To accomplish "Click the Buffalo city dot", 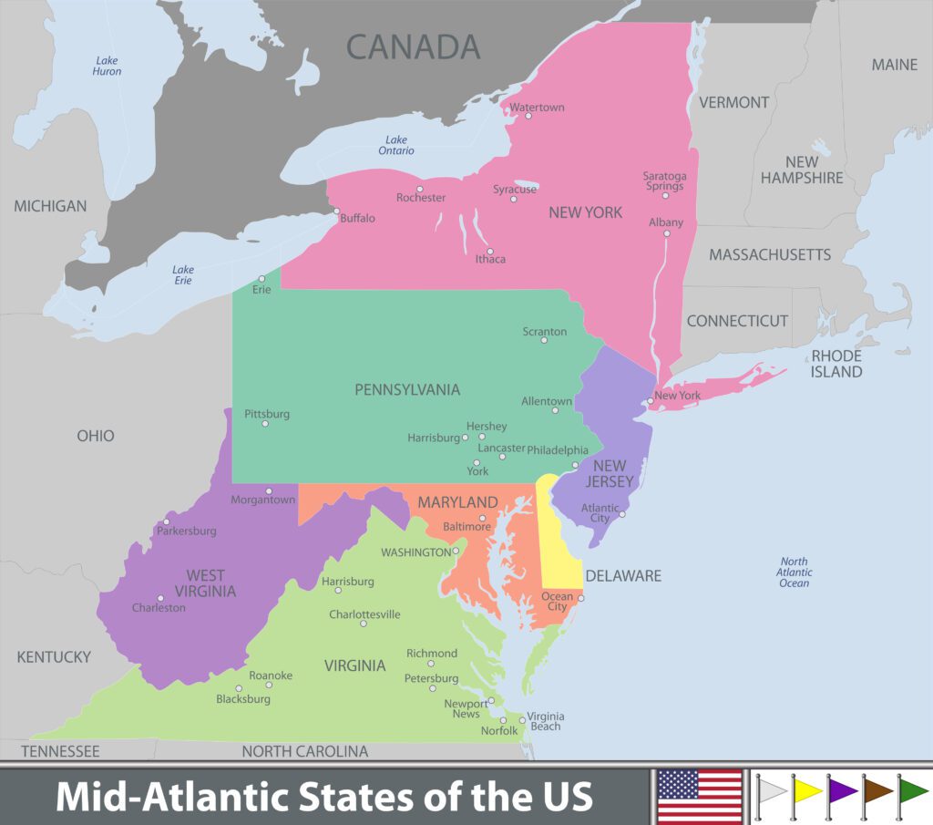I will (x=336, y=211).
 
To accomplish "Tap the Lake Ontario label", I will (x=396, y=145).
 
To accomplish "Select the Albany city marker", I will (x=666, y=233).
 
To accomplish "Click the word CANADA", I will (x=413, y=46).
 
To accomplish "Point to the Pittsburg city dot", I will (x=265, y=424).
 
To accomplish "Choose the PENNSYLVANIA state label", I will (x=407, y=390).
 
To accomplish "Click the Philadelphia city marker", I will (x=575, y=465).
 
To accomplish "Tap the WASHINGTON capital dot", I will (x=456, y=551).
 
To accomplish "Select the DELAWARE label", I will (x=623, y=576).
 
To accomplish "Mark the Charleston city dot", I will (x=160, y=598).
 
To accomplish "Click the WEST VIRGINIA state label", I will (x=206, y=583).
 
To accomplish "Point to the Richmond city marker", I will (x=431, y=664).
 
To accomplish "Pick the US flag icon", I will (x=700, y=795).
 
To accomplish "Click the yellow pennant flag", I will (x=805, y=790).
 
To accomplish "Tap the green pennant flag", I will (x=912, y=790).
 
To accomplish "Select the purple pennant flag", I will (x=841, y=790).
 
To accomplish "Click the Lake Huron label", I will (x=107, y=66).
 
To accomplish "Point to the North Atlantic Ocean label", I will (x=794, y=572).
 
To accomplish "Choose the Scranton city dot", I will (x=544, y=341).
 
